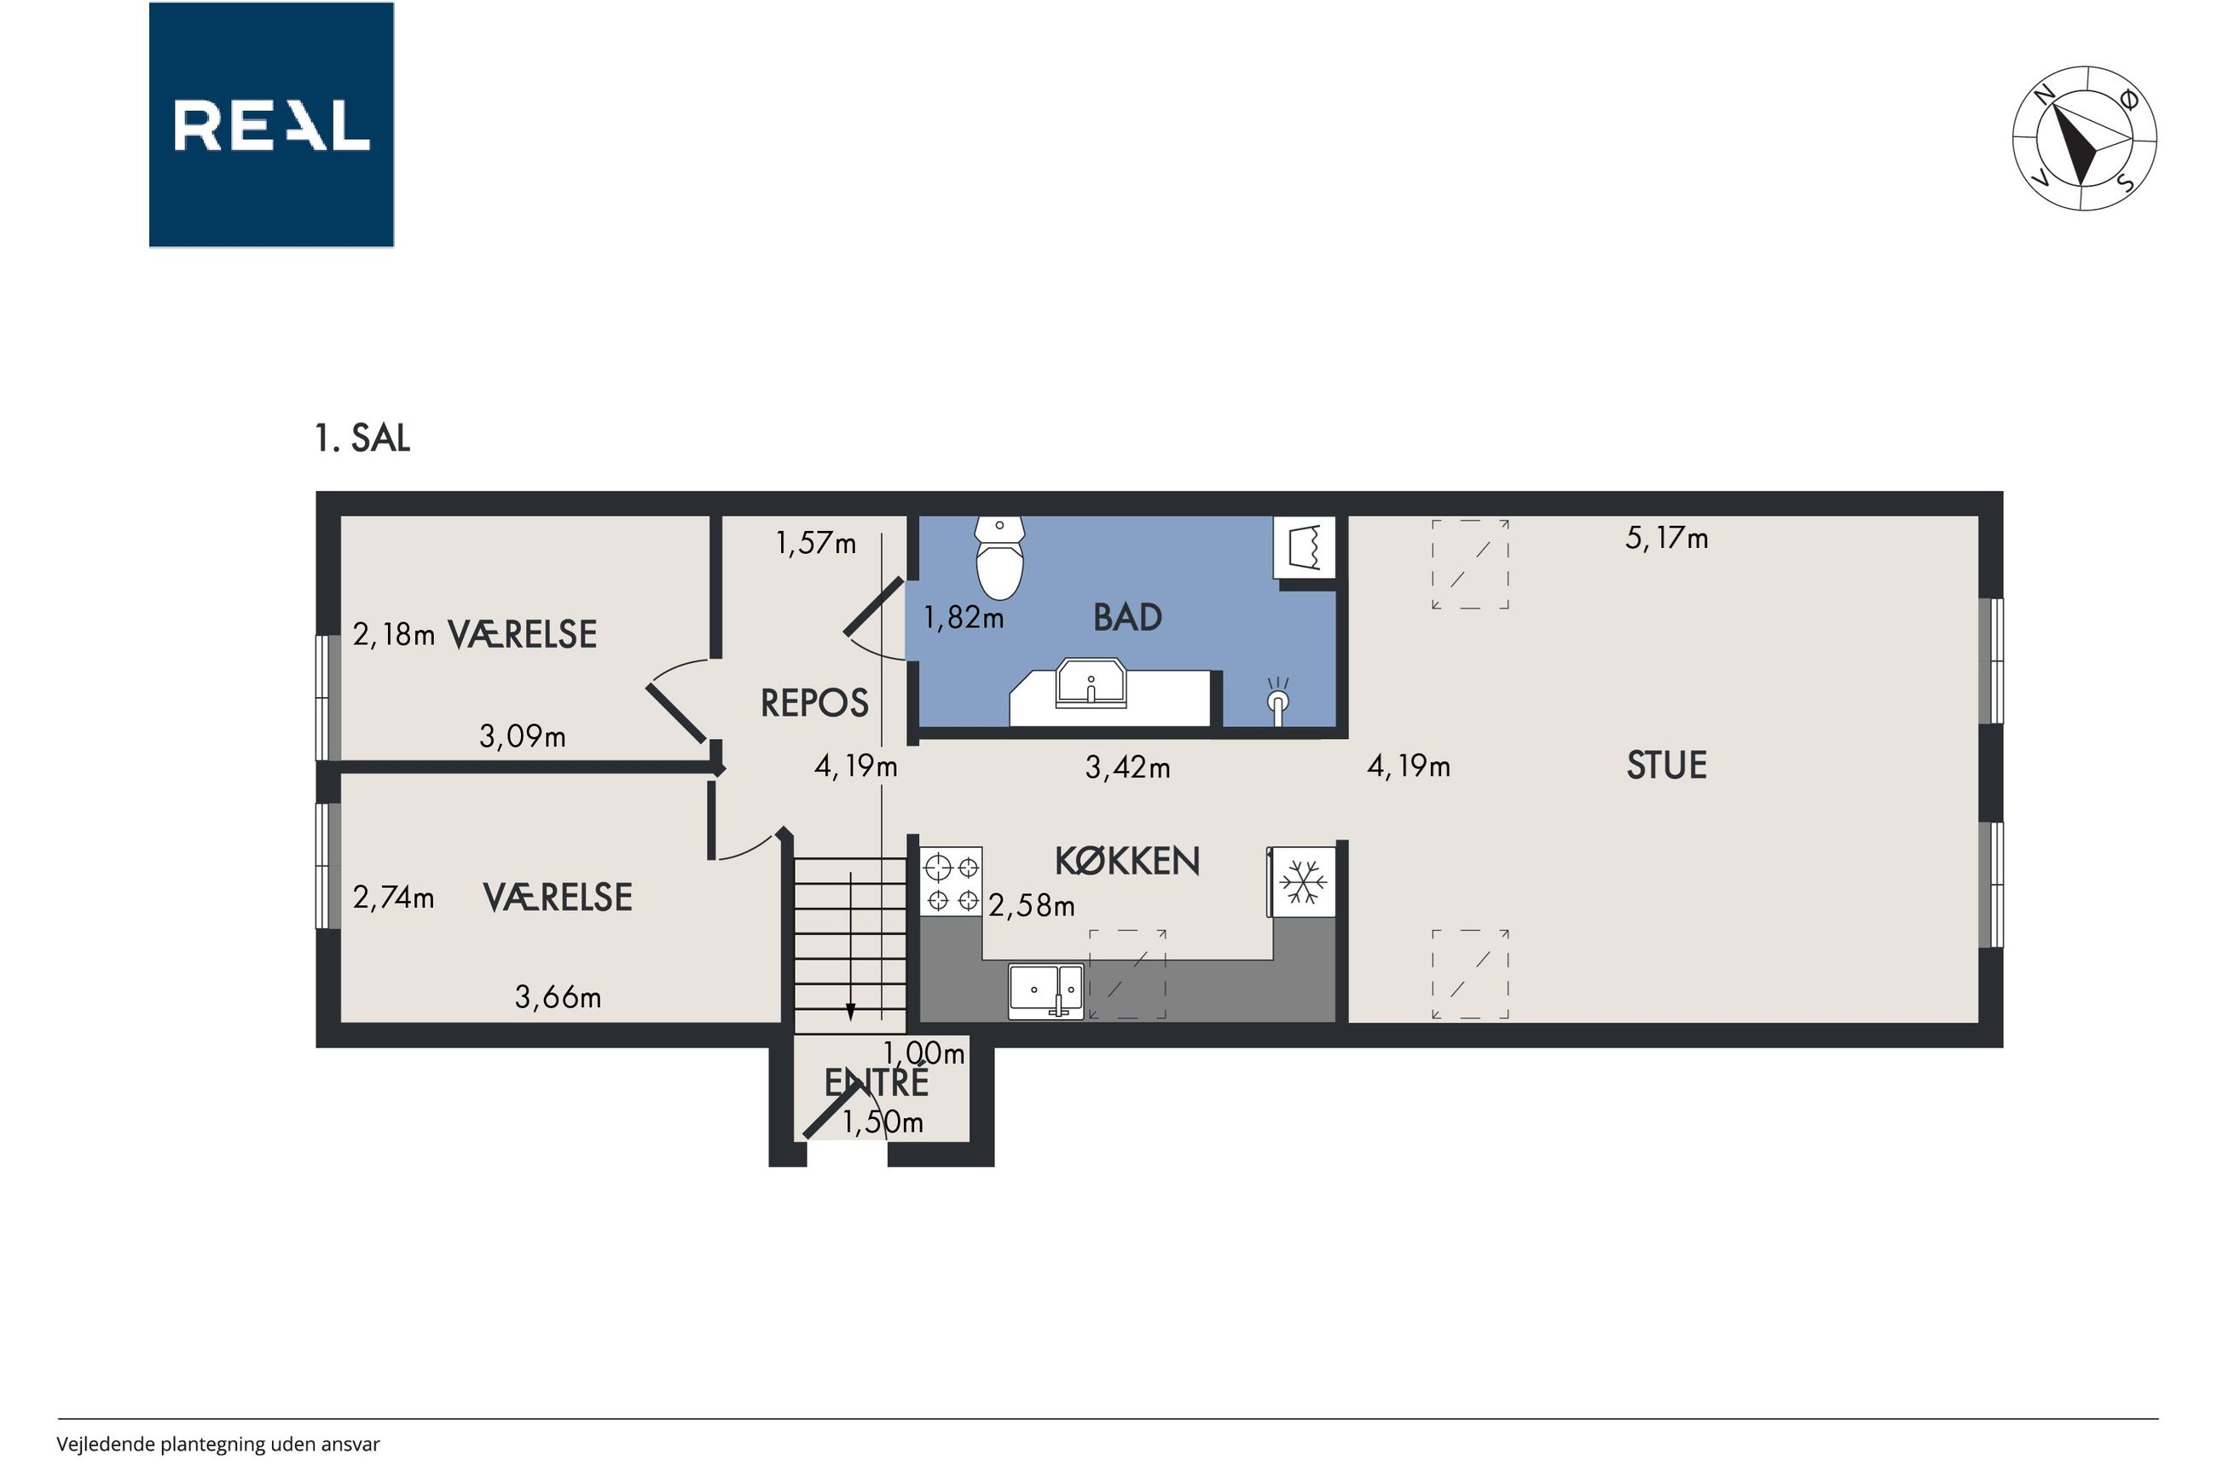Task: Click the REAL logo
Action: click(271, 124)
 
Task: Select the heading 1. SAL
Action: click(362, 438)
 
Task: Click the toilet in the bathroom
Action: click(999, 557)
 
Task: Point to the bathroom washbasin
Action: click(1091, 682)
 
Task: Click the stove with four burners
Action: click(952, 880)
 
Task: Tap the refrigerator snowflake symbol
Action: click(1304, 881)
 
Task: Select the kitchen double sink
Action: click(1046, 992)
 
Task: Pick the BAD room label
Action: click(1128, 618)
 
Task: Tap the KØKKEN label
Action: click(1127, 861)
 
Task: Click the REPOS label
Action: click(815, 704)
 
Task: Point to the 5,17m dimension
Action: click(1667, 538)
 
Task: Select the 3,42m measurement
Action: click(1128, 768)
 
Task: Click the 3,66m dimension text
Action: click(558, 996)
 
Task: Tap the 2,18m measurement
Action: click(394, 635)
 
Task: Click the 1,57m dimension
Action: click(816, 543)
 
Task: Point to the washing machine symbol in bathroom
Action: click(1305, 547)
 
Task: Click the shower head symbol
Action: click(1277, 700)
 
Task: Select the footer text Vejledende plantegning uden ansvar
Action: click(218, 1444)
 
